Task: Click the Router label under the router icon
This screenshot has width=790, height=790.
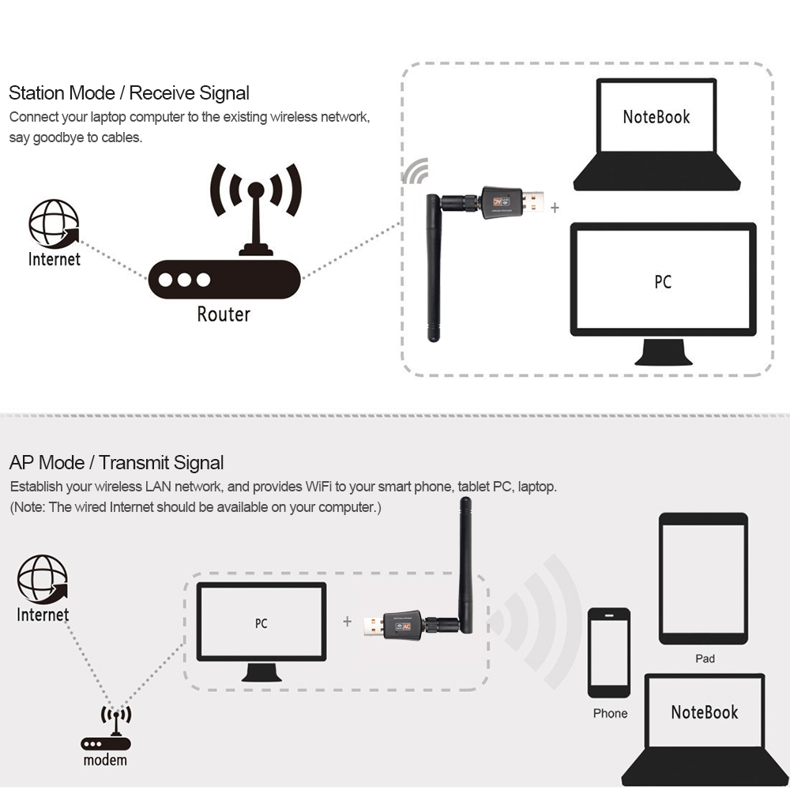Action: pyautogui.click(x=224, y=314)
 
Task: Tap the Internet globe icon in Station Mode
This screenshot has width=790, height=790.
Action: pyautogui.click(x=54, y=224)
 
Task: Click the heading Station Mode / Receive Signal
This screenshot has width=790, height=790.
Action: pyautogui.click(x=129, y=93)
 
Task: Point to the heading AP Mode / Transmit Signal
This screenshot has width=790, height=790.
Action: pyautogui.click(x=116, y=463)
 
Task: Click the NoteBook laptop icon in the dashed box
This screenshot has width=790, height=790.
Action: pyautogui.click(x=656, y=134)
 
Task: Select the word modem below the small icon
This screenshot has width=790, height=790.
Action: pyautogui.click(x=105, y=761)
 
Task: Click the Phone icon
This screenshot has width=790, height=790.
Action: pyautogui.click(x=609, y=652)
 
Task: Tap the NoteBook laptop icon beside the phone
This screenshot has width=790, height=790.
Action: pyautogui.click(x=705, y=727)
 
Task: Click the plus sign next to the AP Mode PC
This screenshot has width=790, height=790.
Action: pyautogui.click(x=347, y=622)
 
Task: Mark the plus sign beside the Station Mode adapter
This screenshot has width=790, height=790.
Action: pyautogui.click(x=555, y=208)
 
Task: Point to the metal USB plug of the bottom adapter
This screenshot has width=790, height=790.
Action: pyautogui.click(x=371, y=626)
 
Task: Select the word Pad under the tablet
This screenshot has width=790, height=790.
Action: pyautogui.click(x=705, y=658)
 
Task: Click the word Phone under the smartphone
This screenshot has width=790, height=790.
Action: pyautogui.click(x=610, y=713)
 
